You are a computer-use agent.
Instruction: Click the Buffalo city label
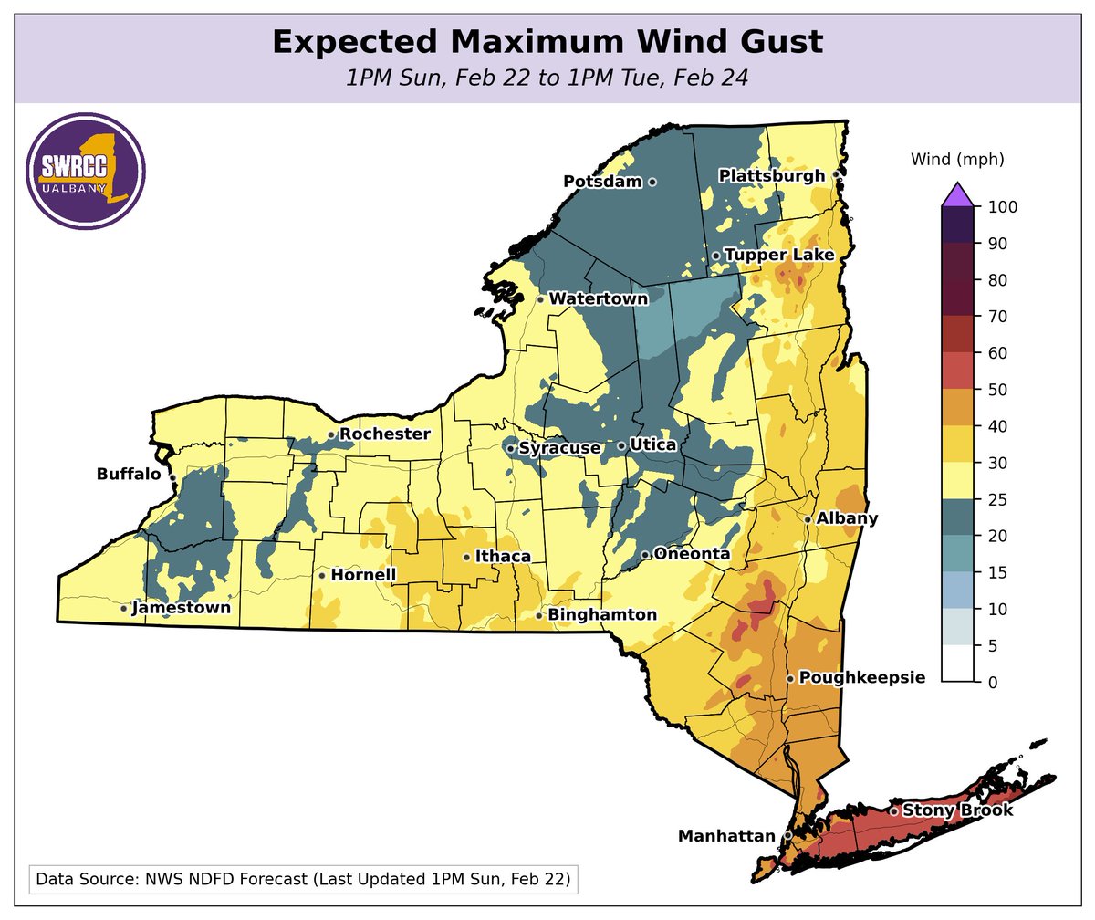click(129, 475)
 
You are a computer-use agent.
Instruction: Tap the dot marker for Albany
click(808, 519)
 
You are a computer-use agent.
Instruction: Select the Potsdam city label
click(603, 182)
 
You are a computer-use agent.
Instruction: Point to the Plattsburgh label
click(772, 175)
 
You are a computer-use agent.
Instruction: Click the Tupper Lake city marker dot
click(716, 256)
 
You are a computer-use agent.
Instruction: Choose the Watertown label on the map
click(599, 298)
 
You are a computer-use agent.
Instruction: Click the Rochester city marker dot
click(331, 435)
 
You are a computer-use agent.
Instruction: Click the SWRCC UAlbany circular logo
click(87, 173)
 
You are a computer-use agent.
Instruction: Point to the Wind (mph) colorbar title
click(957, 160)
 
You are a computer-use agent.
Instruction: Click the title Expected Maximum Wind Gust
click(547, 43)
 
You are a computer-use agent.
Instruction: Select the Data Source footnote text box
click(303, 881)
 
